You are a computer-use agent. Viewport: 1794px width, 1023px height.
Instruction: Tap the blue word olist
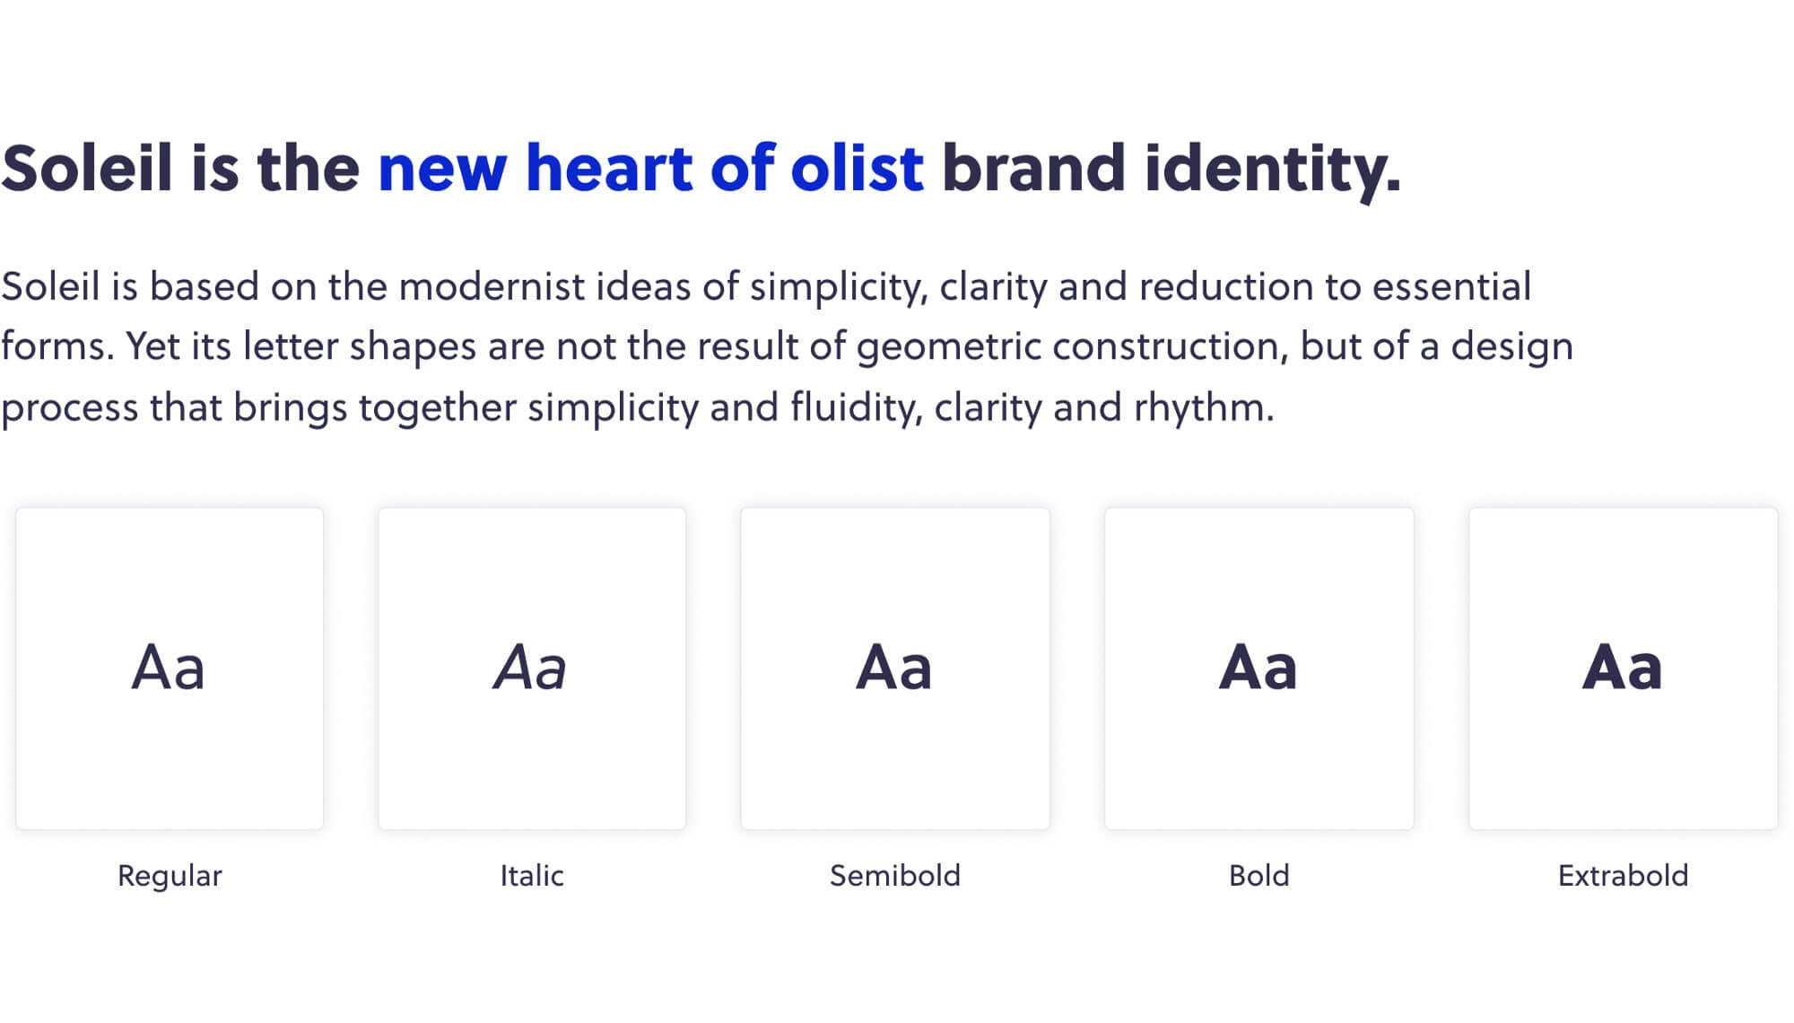tap(857, 168)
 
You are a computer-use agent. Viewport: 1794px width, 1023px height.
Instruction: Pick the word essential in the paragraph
tap(1451, 287)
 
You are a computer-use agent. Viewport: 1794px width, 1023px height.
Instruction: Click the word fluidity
tap(857, 408)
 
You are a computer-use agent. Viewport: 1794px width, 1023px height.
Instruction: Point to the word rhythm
tap(1204, 408)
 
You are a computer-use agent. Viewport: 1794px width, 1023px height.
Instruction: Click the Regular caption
tap(170, 877)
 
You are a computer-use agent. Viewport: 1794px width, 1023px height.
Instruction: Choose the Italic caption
tap(532, 875)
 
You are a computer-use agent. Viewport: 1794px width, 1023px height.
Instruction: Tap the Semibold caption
tap(895, 875)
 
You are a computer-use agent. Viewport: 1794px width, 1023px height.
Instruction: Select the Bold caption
tap(1259, 875)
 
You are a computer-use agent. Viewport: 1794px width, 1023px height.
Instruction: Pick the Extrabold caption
tap(1623, 875)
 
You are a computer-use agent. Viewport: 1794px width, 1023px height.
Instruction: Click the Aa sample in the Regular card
tap(169, 668)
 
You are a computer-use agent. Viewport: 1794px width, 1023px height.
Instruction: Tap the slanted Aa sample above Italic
tap(530, 668)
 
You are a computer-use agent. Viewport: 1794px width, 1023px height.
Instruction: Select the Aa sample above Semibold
tap(894, 668)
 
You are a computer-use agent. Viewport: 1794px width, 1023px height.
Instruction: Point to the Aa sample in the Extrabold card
tap(1623, 668)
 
